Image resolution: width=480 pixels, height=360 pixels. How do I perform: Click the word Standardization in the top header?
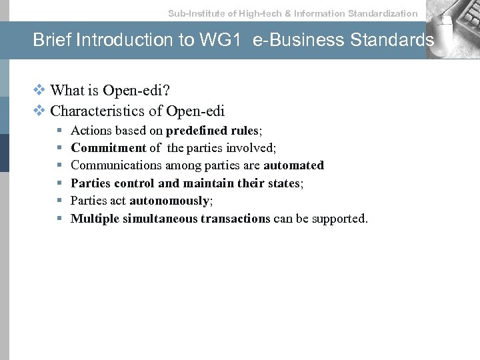tap(383, 13)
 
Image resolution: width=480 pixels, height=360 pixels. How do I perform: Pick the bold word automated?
tap(293, 165)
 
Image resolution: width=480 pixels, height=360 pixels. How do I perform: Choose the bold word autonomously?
tap(169, 201)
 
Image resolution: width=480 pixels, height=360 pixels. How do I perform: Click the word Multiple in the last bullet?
tap(95, 219)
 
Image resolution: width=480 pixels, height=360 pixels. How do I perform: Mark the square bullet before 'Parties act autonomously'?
tap(59, 201)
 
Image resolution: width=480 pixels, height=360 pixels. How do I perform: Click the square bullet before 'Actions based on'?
tap(59, 130)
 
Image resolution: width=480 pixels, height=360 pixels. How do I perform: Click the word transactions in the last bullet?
tap(230, 219)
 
